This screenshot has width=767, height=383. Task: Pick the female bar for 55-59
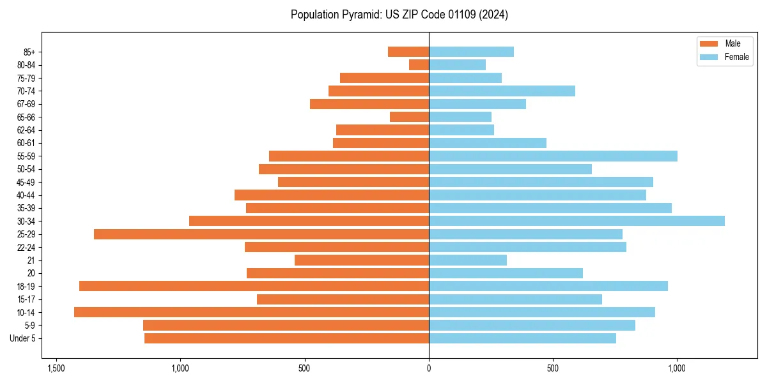[553, 156]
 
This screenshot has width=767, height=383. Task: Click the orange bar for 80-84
[419, 64]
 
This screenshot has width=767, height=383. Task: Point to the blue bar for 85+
[471, 52]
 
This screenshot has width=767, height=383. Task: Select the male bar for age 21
[361, 260]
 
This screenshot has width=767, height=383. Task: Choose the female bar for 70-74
[502, 91]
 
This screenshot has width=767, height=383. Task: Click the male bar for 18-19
[254, 286]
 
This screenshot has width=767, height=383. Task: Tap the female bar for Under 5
[522, 338]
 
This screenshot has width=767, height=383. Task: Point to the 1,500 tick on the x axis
[56, 368]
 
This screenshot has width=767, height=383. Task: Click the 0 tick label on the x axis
[429, 368]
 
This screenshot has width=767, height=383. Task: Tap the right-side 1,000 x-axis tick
[677, 368]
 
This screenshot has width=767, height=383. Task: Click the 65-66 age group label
[26, 117]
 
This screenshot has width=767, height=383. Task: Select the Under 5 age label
[23, 338]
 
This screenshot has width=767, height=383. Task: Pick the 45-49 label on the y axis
[26, 182]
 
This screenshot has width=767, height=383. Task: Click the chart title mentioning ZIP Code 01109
[399, 15]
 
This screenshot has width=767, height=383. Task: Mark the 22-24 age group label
[26, 247]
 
